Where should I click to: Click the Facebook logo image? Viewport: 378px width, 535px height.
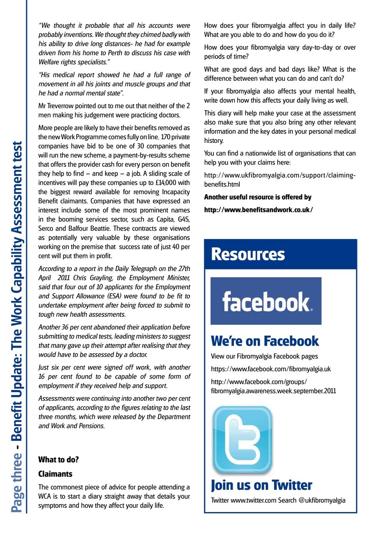tap(266, 301)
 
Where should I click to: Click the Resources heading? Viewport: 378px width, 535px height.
tap(248, 255)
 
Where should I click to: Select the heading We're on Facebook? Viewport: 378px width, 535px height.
tap(265, 341)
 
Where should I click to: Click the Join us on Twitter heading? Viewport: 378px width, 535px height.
tap(261, 485)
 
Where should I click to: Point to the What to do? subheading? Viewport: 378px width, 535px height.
tap(58, 460)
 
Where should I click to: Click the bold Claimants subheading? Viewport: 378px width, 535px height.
tap(56, 474)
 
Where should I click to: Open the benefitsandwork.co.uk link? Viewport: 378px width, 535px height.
tap(259, 210)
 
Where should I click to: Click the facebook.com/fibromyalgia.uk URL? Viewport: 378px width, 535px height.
tap(271, 369)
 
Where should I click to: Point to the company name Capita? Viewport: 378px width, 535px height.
tap(153, 219)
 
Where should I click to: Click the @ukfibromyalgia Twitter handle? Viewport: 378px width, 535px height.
tap(322, 500)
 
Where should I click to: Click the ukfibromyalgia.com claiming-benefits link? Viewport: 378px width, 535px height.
tap(280, 180)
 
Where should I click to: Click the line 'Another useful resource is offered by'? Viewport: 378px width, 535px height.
tap(258, 197)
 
